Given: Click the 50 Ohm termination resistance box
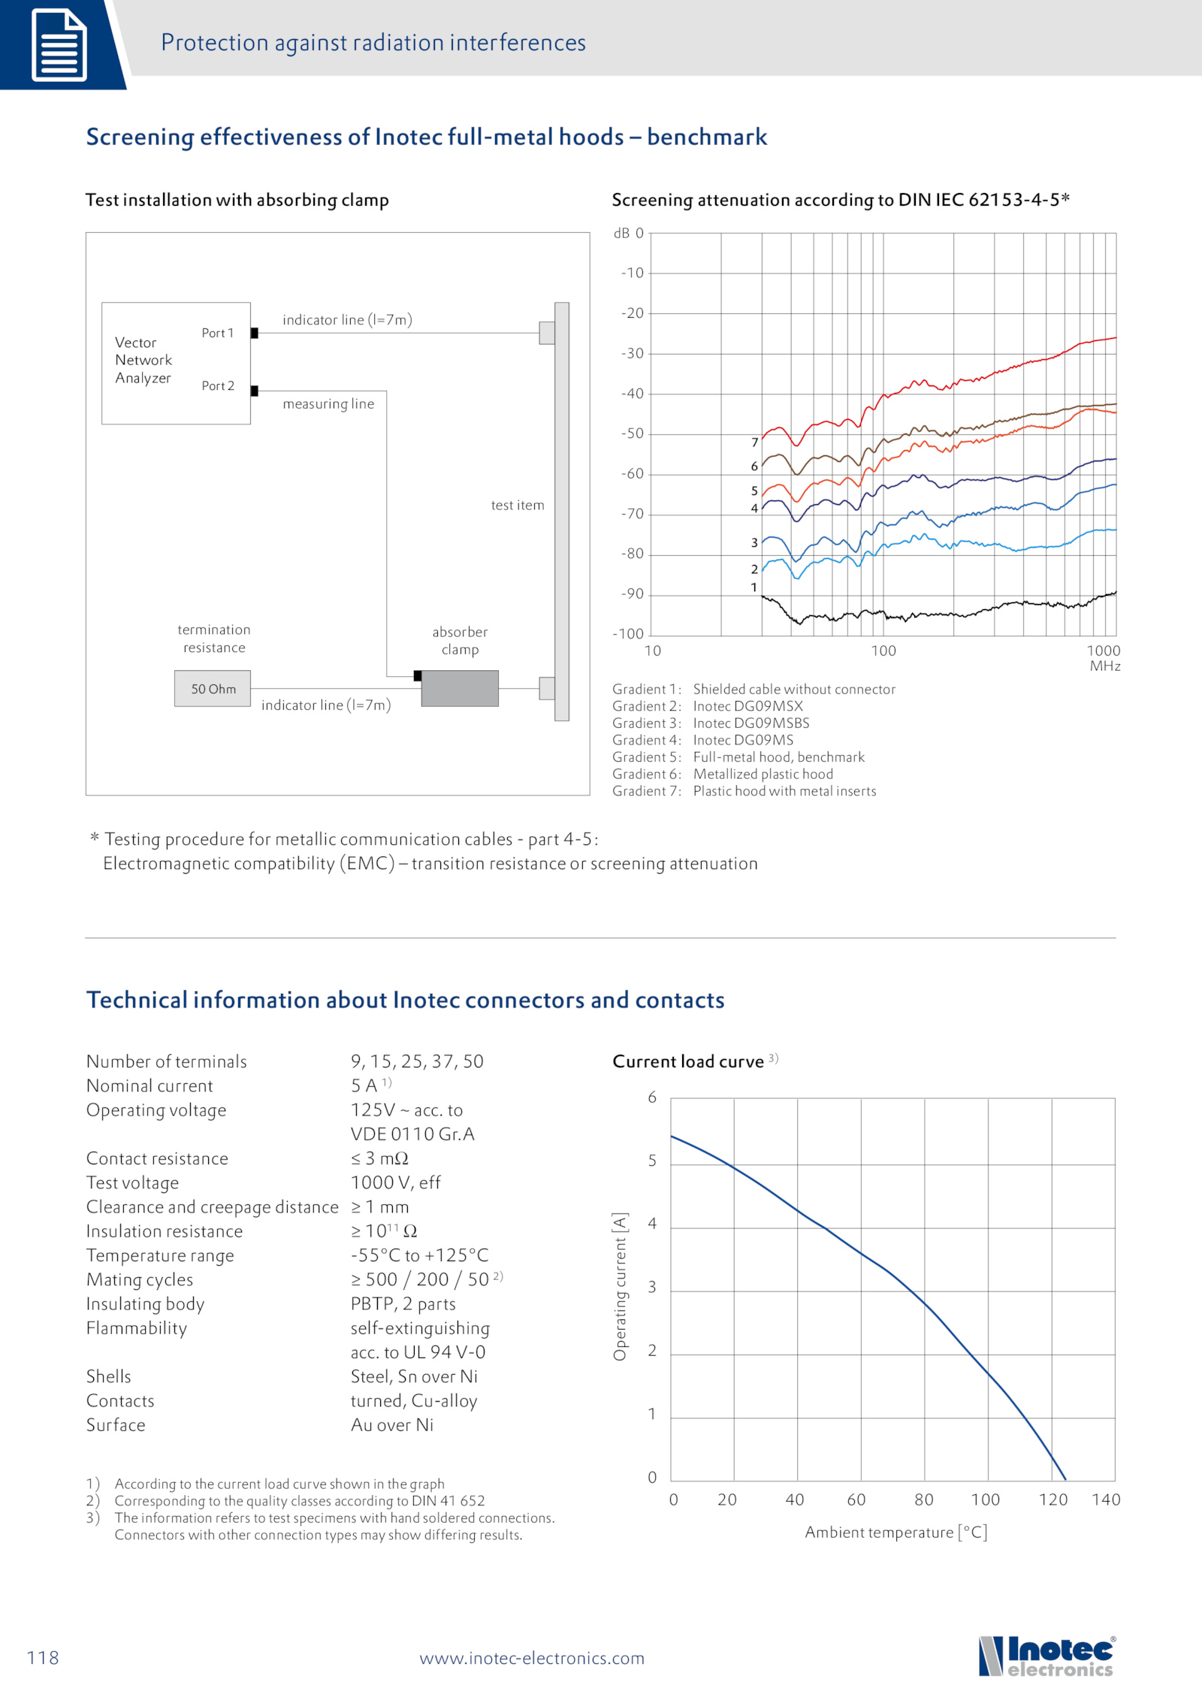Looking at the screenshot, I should point(213,688).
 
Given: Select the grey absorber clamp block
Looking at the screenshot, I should point(460,688).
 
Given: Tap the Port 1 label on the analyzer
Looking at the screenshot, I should point(218,333).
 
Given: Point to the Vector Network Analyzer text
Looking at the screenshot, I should point(143,361).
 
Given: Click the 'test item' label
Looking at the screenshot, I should point(518,506).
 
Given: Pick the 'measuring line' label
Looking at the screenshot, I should point(328,404).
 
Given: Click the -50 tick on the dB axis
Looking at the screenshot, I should point(633,433).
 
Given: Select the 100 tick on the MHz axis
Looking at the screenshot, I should point(883,651).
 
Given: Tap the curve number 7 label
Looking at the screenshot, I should point(754,442).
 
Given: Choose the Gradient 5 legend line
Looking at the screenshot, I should point(738,757).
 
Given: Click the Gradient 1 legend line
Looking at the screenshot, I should point(754,689).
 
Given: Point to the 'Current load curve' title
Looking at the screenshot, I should point(688,1061).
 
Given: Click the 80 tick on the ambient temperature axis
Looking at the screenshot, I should point(924,1500).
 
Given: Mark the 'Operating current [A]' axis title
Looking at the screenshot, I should point(620,1287).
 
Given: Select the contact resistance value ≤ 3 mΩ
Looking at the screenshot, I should point(379,1158).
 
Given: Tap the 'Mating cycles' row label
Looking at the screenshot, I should point(140,1280).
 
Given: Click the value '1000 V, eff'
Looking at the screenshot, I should point(396,1183).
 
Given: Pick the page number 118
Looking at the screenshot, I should point(43,1658).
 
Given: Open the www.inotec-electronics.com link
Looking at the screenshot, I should point(532,1658).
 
